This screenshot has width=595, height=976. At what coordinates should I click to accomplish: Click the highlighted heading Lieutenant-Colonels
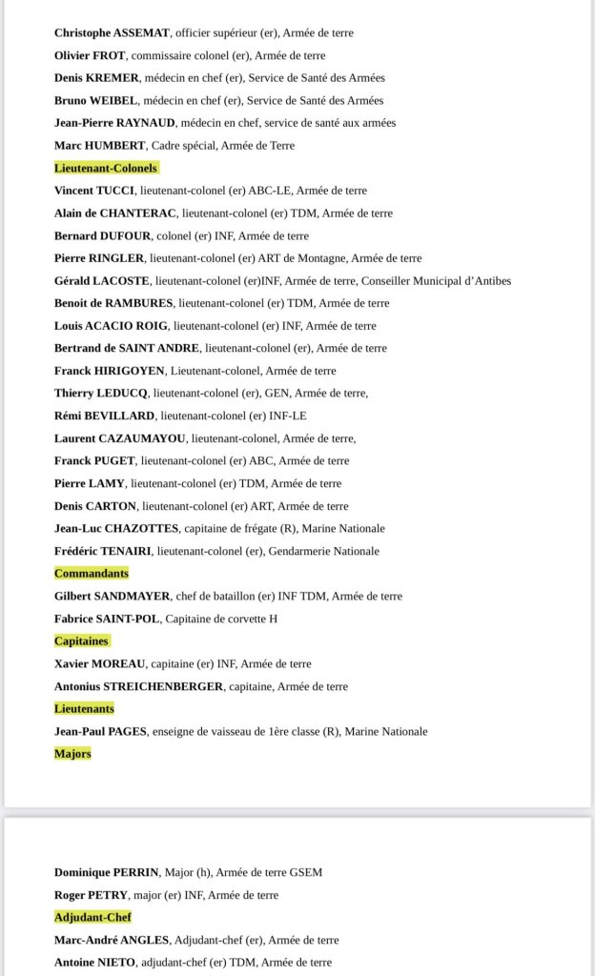106,168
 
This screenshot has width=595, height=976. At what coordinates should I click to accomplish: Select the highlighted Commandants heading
92,574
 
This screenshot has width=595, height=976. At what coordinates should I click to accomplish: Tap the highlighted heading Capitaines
81,641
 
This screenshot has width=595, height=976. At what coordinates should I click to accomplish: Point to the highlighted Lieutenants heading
84,709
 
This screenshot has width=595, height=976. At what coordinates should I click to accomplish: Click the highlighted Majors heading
72,754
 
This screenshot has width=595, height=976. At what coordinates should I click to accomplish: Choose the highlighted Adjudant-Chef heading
92,917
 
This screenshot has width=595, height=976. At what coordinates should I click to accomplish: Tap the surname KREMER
117,77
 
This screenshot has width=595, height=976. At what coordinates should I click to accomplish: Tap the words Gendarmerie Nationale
328,551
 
